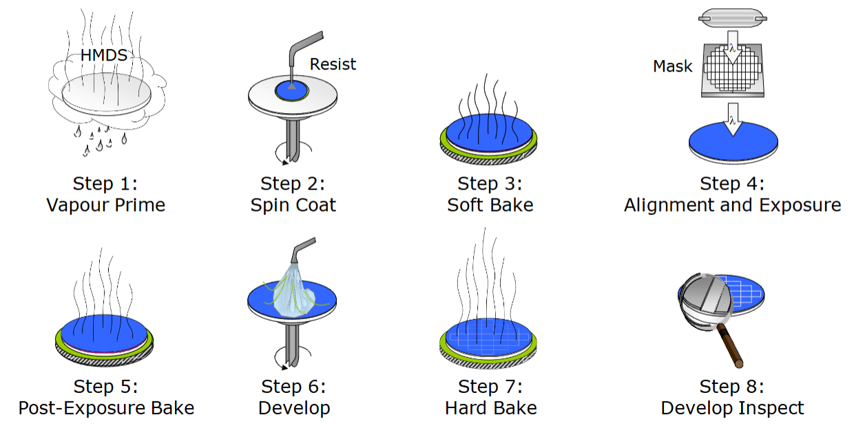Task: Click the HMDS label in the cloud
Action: tap(104, 55)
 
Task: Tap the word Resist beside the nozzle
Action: tap(333, 64)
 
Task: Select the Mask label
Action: tap(673, 67)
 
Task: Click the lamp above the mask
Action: tap(732, 17)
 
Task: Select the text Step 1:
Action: tap(105, 184)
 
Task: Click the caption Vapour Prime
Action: tap(105, 205)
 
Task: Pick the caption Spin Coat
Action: tap(293, 205)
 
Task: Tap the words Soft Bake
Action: tap(490, 205)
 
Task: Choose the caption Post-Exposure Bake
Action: tap(106, 407)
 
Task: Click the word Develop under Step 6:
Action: tap(294, 407)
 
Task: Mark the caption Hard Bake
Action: tap(490, 407)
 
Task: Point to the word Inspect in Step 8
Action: tap(770, 407)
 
